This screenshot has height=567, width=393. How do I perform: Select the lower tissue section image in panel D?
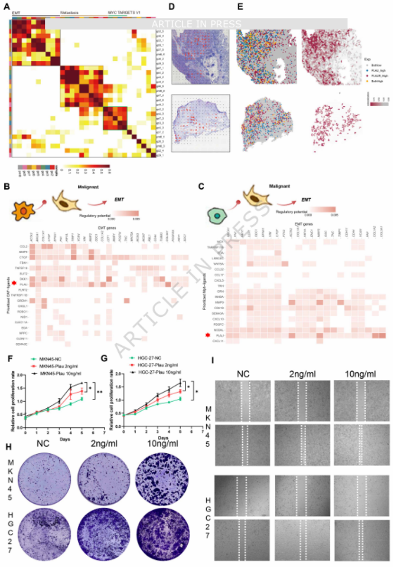201,120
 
